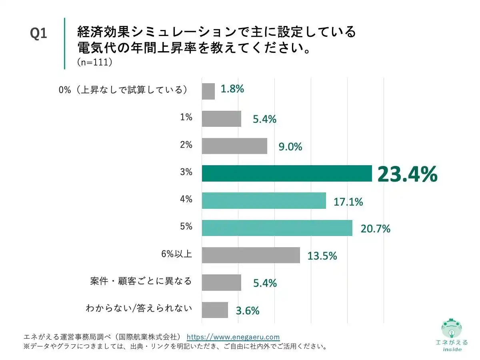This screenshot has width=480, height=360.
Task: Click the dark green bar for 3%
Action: [x=287, y=173]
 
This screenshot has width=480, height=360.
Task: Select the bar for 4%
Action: [x=264, y=200]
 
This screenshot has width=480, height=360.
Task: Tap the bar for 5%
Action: [x=277, y=228]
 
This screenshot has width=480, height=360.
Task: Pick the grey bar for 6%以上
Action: [x=250, y=255]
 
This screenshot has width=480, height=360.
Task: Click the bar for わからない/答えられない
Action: [x=214, y=310]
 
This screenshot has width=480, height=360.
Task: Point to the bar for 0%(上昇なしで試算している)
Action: [x=208, y=91]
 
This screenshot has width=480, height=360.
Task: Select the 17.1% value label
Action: [x=348, y=202]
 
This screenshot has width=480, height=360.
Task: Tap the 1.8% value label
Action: [x=232, y=89]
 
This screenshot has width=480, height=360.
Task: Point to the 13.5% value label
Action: [x=322, y=256]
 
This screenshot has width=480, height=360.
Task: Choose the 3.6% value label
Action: [x=248, y=310]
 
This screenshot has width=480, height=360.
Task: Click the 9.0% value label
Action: [x=290, y=147]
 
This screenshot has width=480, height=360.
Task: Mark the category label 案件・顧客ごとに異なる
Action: [x=141, y=281]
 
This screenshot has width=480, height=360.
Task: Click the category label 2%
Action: [x=186, y=145]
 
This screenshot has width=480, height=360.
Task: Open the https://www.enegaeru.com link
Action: [x=233, y=337]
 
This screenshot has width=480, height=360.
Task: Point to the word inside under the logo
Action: [x=452, y=349]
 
